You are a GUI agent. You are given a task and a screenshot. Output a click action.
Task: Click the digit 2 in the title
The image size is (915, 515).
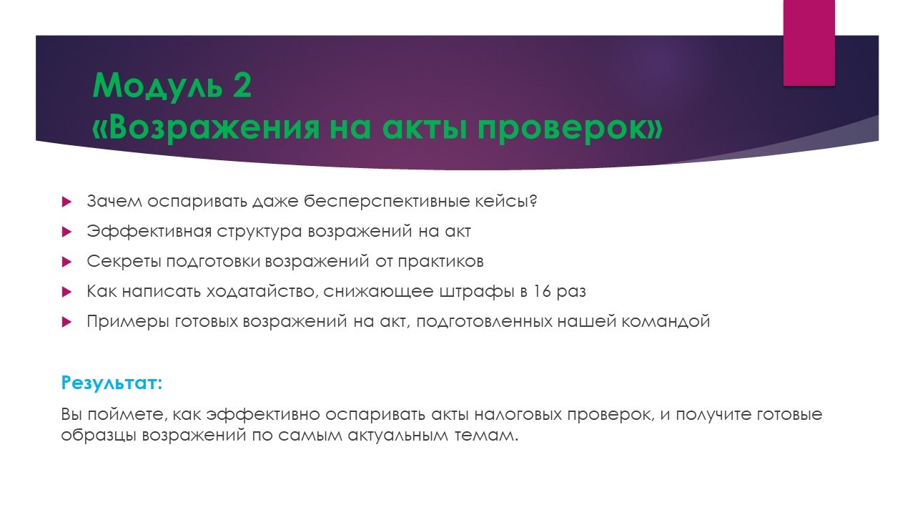pos(242,85)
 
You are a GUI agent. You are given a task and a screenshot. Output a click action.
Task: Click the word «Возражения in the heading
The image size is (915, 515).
pos(205,127)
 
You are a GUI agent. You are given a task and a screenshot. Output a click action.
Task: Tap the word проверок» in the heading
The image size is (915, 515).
pos(570,129)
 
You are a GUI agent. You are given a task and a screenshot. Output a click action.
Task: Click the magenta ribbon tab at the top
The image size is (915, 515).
pos(808,43)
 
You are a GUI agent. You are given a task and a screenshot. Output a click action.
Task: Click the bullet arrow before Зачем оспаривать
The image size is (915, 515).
pos(66,202)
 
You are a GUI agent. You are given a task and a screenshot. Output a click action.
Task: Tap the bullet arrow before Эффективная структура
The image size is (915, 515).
pos(66,232)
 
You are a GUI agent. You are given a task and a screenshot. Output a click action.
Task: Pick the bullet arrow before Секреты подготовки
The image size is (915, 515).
pos(66,262)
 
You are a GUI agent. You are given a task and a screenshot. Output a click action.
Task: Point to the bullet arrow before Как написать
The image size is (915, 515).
pos(66,292)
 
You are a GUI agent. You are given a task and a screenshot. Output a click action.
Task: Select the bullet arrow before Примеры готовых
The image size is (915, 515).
pos(66,322)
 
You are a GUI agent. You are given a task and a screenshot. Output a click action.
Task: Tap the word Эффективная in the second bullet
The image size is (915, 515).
pos(149,231)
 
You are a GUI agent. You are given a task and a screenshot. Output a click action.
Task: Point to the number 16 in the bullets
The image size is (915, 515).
pos(542,291)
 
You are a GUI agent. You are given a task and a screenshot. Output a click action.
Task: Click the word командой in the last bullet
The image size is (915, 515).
pos(666,322)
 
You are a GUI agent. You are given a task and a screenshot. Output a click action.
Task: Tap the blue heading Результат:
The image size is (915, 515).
pos(112,383)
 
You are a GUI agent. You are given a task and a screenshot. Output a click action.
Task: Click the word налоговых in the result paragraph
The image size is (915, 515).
pos(518,414)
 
